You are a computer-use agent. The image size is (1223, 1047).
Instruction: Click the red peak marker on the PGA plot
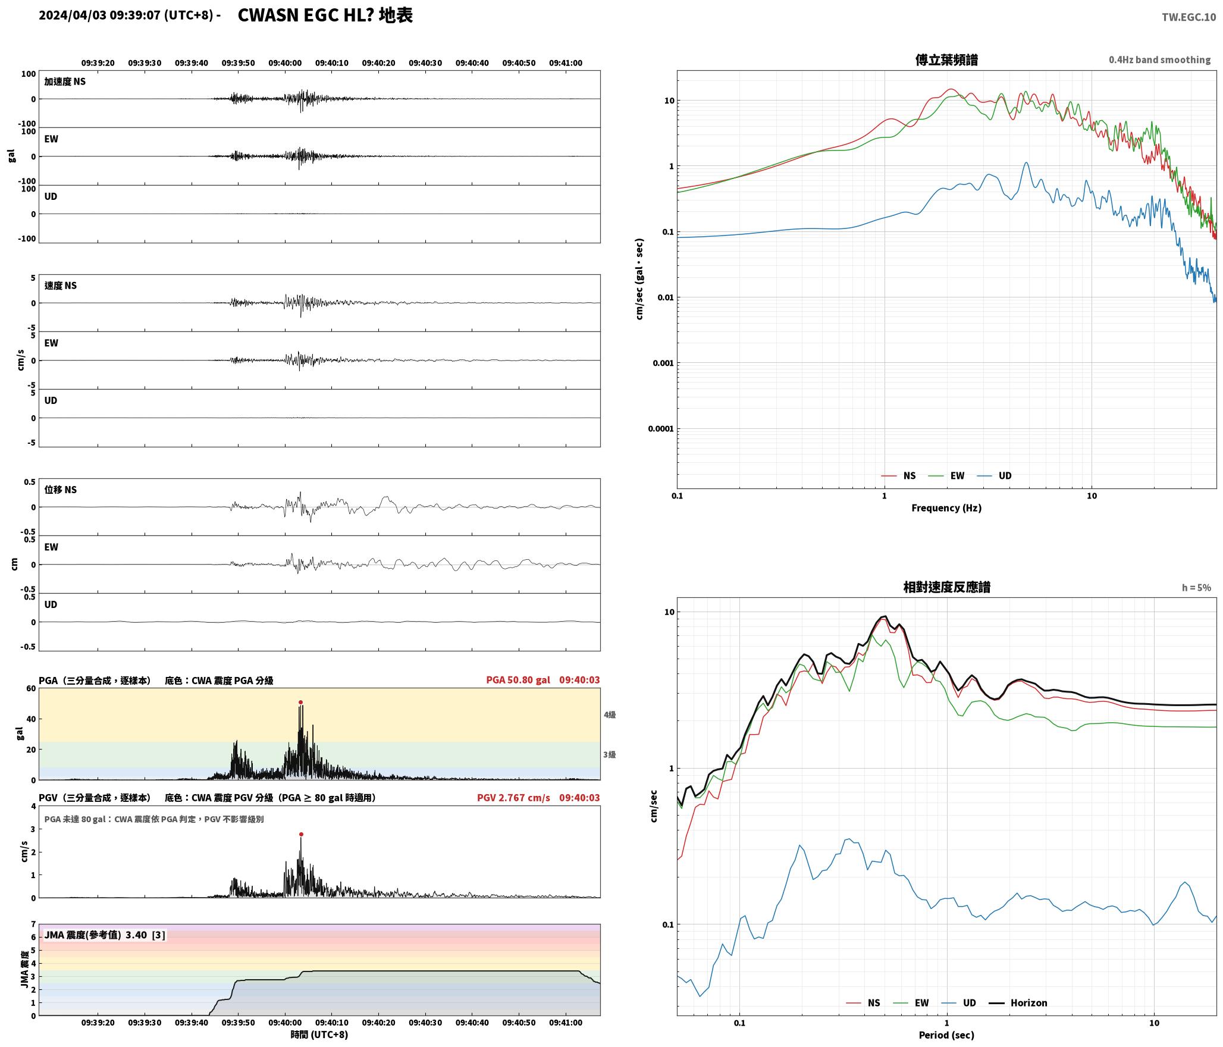pos(300,702)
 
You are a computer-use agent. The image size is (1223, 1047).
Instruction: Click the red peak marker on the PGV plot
pos(301,834)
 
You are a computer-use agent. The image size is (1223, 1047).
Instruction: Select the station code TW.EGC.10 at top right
pos(1188,17)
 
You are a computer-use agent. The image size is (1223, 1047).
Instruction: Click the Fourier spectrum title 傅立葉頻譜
pos(946,59)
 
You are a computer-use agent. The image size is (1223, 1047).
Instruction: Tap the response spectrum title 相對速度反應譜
pos(946,587)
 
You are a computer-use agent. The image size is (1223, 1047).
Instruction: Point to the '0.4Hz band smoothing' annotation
pos(1159,59)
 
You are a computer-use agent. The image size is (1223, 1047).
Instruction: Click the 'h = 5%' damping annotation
pos(1196,588)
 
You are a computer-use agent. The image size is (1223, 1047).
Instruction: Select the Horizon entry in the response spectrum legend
pos(1018,1002)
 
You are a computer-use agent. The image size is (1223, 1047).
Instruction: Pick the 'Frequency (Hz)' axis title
pos(946,507)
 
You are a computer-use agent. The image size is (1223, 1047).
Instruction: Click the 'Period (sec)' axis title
pos(946,1035)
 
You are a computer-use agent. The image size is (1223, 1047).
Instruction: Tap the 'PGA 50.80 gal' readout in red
pos(518,680)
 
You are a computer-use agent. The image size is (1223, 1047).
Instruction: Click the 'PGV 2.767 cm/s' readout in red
pos(513,798)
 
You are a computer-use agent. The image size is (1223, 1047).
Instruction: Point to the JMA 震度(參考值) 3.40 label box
pos(105,935)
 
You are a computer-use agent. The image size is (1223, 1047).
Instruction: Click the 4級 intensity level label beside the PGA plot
pos(610,714)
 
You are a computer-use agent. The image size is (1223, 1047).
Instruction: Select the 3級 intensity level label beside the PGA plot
pos(610,754)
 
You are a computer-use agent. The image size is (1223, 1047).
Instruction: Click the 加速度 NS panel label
pos(65,81)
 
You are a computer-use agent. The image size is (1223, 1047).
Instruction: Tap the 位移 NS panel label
pos(61,490)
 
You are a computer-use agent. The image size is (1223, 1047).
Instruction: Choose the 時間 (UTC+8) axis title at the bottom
pos(319,1035)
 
